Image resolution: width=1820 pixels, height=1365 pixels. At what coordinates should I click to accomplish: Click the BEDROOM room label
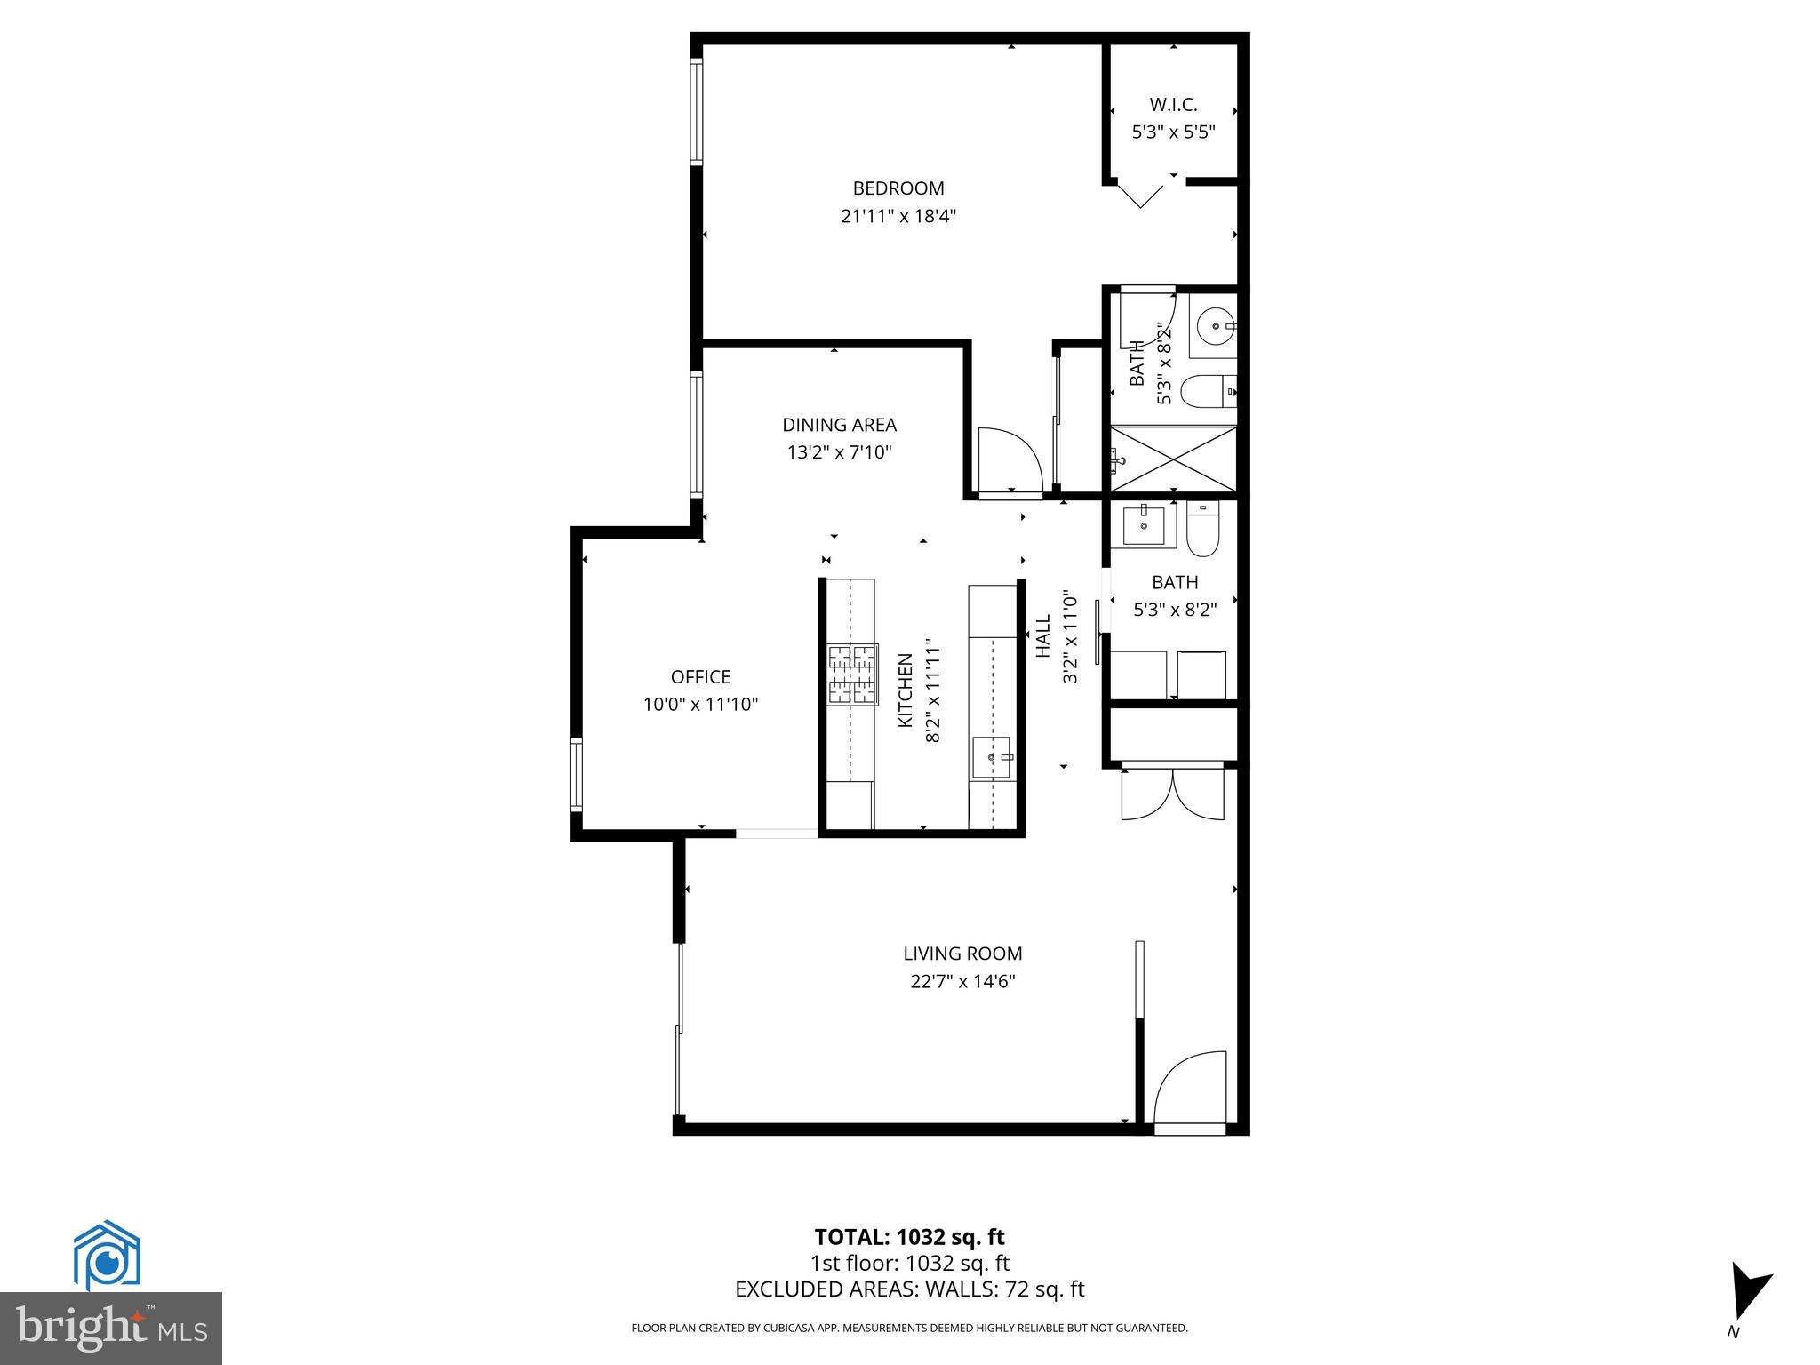[x=898, y=188]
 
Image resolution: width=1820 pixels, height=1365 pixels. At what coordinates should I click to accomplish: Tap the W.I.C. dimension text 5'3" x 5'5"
[x=1172, y=132]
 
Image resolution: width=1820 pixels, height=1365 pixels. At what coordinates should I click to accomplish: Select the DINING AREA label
[x=839, y=425]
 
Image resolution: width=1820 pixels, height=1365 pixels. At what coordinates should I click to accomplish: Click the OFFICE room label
[x=700, y=677]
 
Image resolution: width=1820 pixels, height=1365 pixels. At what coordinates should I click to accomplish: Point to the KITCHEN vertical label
[x=905, y=690]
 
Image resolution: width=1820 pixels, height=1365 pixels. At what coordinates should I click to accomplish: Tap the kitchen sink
[x=992, y=757]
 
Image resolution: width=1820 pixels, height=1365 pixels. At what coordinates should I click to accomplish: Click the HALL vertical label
[x=1043, y=636]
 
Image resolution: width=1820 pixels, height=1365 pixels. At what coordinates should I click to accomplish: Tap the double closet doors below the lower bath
[x=1172, y=794]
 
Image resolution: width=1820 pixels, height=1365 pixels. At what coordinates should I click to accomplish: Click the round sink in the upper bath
[x=1212, y=326]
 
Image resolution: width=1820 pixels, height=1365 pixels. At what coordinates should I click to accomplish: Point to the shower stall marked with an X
[x=1172, y=458]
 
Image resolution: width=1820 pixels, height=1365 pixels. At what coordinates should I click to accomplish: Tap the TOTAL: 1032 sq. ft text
[x=909, y=1237]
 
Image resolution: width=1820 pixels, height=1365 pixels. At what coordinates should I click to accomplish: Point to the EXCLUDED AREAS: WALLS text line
[x=909, y=1289]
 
